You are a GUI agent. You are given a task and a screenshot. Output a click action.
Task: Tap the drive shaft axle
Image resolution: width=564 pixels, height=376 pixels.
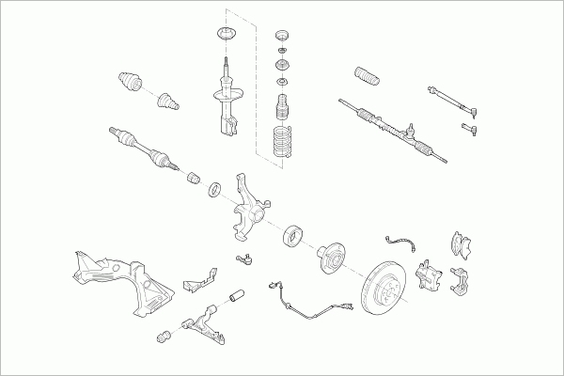point(145,149)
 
